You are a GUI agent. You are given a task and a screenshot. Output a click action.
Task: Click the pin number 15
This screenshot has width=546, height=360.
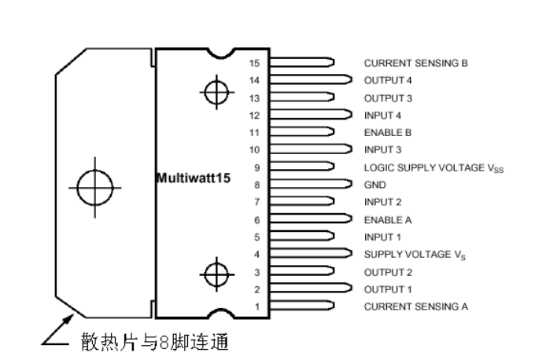(254, 63)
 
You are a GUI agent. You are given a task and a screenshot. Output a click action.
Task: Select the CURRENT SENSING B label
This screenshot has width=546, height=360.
(415, 63)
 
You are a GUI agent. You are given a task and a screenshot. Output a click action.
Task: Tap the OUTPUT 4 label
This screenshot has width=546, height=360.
(388, 80)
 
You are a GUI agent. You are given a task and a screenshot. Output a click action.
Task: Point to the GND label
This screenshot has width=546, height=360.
(375, 185)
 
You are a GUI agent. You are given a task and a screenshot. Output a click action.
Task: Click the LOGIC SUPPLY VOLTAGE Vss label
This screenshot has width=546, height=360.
(433, 168)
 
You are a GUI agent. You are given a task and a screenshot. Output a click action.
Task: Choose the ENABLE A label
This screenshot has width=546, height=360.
(388, 220)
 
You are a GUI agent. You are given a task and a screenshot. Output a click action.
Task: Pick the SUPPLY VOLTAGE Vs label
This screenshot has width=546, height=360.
(415, 255)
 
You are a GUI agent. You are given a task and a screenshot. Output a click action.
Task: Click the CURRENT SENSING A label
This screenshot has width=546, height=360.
(415, 307)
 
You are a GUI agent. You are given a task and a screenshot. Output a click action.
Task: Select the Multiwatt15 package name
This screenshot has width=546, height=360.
(194, 178)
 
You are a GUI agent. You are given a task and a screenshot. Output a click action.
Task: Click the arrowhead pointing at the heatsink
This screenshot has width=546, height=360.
(68, 320)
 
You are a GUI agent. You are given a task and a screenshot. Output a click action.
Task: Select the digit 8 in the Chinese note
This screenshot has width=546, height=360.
(164, 343)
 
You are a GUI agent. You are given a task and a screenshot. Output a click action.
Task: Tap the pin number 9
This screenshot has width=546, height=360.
(257, 168)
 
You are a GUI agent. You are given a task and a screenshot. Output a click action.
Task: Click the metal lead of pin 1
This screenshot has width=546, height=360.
(302, 306)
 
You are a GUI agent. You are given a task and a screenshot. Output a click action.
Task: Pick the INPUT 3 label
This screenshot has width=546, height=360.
(382, 150)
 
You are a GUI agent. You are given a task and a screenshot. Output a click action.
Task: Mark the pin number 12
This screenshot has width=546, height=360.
(254, 116)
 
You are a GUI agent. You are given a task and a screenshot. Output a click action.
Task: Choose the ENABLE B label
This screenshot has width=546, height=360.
(388, 133)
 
